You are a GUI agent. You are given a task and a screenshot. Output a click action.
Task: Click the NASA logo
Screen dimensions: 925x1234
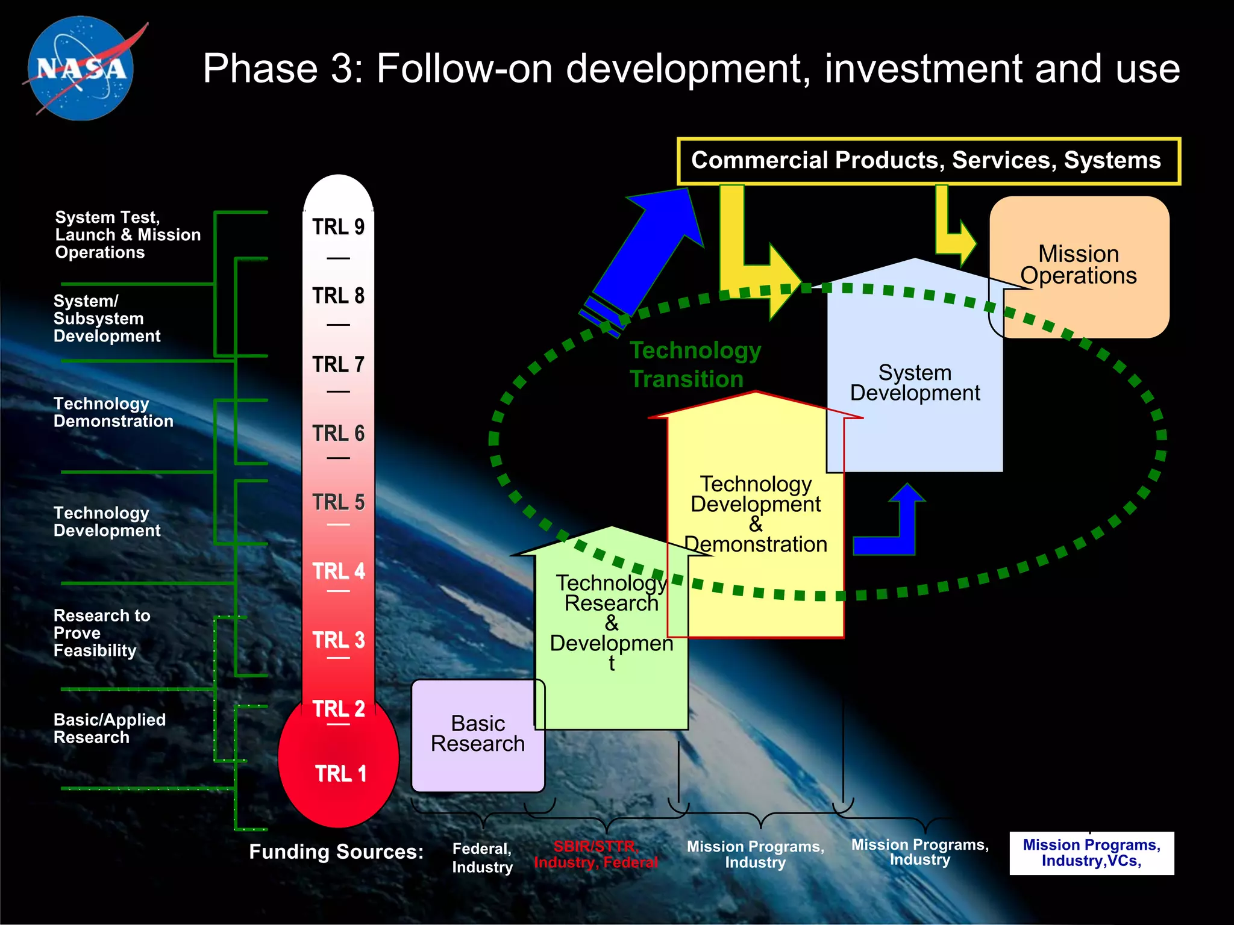tap(81, 68)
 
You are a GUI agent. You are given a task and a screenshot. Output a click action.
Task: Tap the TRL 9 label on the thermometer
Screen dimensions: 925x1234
tap(338, 227)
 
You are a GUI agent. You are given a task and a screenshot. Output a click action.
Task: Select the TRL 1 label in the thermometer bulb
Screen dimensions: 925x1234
tap(340, 773)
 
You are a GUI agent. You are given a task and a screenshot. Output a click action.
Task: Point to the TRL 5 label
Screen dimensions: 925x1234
tap(338, 502)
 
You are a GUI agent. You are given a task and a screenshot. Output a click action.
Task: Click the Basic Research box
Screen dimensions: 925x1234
tap(478, 735)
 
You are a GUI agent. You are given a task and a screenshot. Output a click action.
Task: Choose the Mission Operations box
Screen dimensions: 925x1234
tap(1079, 265)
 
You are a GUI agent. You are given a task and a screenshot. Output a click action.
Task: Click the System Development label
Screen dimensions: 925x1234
tap(915, 383)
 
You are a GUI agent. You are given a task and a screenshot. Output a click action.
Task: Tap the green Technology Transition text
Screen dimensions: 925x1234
tap(695, 364)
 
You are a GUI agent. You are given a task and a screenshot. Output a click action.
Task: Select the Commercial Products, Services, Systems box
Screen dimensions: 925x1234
tap(928, 161)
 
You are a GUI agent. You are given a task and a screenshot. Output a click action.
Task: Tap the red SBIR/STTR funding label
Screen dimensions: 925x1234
tap(595, 855)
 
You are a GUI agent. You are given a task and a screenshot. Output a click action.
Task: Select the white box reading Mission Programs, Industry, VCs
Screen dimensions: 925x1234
tap(1091, 853)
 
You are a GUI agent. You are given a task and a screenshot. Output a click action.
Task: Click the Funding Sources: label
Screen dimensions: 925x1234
tap(336, 852)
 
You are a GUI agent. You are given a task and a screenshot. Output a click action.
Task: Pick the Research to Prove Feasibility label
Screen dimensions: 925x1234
tap(101, 633)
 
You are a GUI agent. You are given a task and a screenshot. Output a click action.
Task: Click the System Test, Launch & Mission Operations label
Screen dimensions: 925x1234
tap(127, 235)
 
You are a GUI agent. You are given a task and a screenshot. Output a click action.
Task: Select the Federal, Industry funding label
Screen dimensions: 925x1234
tap(482, 858)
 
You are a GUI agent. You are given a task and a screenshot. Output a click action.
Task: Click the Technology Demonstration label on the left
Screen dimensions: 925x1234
tap(113, 413)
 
